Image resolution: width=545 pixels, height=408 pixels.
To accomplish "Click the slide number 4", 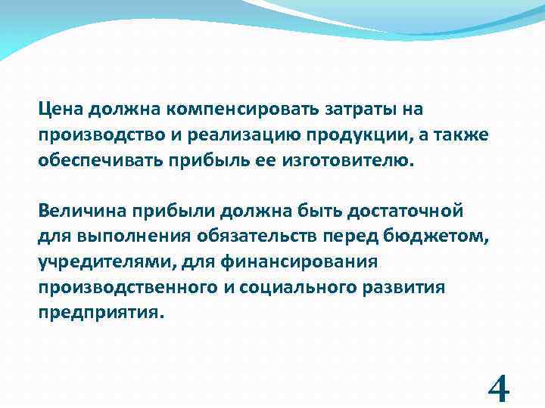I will tap(499, 390).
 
